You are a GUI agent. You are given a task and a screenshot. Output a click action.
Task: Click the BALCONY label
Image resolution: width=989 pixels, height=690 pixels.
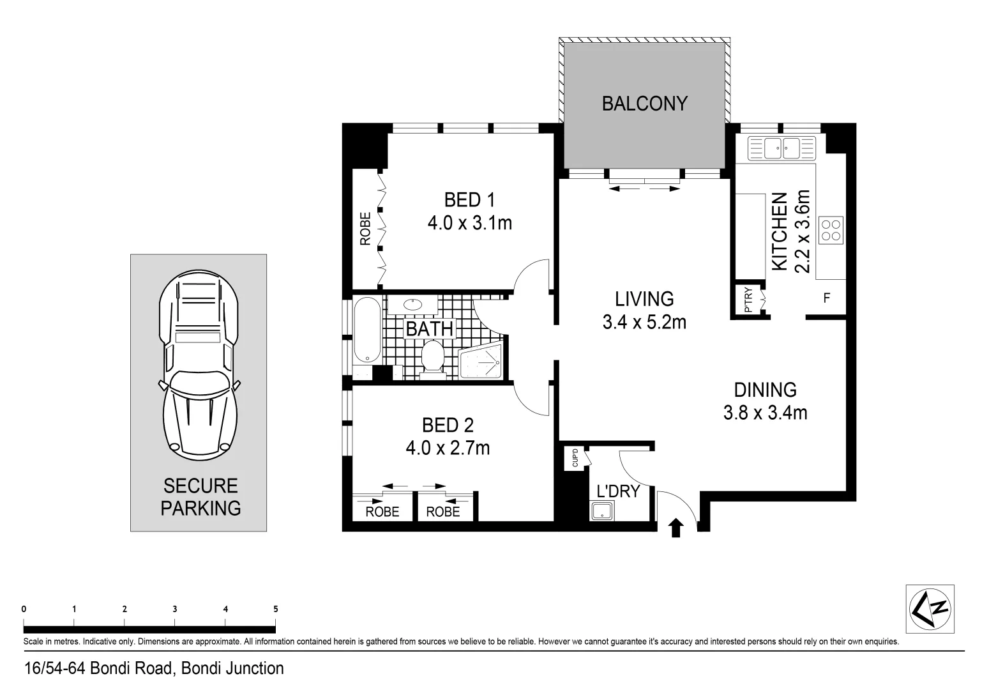click(645, 103)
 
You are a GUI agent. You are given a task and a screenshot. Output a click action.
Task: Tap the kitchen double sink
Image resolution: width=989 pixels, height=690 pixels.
click(781, 148)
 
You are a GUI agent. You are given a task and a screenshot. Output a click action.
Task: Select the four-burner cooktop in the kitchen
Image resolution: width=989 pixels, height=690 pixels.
click(831, 230)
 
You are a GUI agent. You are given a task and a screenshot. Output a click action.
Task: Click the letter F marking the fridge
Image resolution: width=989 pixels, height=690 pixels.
click(827, 298)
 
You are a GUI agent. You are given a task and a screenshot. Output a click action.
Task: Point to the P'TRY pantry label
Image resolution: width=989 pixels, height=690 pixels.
click(748, 300)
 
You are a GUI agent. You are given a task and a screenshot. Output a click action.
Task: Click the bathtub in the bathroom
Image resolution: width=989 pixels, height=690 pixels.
click(367, 330)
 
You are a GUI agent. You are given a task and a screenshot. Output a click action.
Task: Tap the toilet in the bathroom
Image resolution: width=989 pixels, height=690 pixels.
click(432, 359)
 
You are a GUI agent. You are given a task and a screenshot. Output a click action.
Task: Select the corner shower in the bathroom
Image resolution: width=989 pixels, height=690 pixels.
click(480, 360)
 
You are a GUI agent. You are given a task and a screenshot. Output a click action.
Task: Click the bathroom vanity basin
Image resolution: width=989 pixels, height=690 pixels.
click(413, 304)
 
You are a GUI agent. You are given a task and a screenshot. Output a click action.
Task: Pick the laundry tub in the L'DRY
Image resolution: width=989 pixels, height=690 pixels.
click(601, 510)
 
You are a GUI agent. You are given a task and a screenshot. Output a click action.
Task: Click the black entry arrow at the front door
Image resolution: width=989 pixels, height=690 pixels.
click(676, 528)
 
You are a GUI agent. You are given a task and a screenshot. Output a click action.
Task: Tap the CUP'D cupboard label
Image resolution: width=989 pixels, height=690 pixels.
click(575, 458)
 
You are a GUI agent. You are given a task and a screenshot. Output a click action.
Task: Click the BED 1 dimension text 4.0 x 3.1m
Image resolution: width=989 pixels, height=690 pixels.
click(470, 222)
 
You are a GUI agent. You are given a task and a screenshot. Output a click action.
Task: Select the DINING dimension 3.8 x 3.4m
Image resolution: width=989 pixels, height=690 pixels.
click(765, 413)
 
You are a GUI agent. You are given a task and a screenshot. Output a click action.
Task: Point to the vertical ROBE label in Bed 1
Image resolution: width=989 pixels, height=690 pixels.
click(366, 229)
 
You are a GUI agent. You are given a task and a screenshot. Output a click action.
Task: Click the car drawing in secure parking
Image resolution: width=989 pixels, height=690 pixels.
click(199, 365)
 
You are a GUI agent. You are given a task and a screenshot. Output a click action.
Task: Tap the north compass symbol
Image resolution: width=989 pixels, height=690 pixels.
click(930, 609)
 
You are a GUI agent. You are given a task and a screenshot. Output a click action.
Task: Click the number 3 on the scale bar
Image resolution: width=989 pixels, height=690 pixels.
click(175, 609)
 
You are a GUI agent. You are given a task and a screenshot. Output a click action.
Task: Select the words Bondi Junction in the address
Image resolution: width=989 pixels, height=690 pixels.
click(232, 668)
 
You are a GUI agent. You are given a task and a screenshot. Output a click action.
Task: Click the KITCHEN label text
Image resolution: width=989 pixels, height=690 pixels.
click(780, 231)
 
